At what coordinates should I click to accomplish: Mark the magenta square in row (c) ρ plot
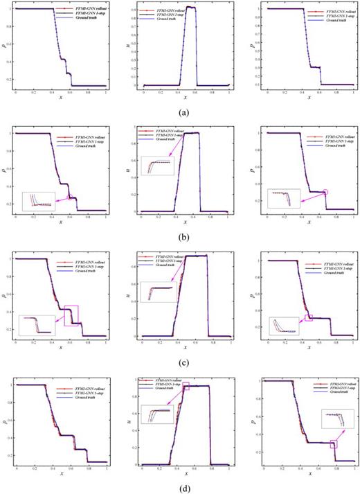pyautogui.click(x=71, y=315)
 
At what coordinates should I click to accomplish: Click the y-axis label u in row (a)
pyautogui.click(x=130, y=48)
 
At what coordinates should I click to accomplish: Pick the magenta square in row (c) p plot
pyautogui.click(x=309, y=318)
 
